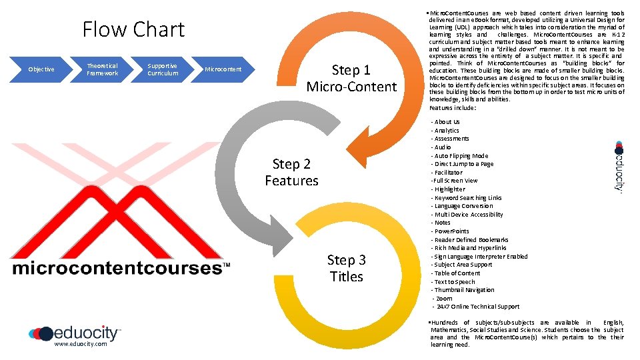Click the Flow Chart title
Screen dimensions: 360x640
(x=133, y=29)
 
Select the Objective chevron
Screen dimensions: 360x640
(x=41, y=69)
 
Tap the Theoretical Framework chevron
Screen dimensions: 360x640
(x=102, y=69)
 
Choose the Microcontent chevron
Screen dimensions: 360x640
(x=223, y=69)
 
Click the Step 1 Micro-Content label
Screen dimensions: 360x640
(x=351, y=79)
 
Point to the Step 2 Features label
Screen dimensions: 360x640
(x=291, y=172)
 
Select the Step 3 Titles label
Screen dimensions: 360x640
(x=347, y=268)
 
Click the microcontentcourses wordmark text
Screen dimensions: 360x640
(x=117, y=269)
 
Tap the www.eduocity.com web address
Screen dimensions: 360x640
(x=80, y=344)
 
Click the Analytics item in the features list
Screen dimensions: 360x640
(x=446, y=131)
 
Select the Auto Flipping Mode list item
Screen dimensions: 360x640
(x=461, y=156)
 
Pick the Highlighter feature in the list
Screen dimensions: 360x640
(x=449, y=189)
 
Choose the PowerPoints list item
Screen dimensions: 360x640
(x=451, y=231)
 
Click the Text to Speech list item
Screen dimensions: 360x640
(x=455, y=282)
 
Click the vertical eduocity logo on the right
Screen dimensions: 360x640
(x=619, y=167)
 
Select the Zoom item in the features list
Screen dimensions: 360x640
(x=445, y=299)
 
